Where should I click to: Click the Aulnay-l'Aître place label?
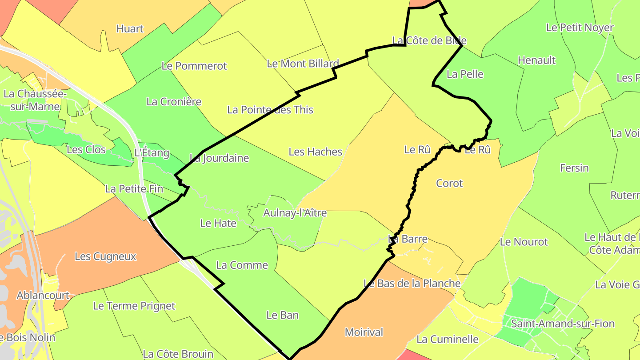pos(295,213)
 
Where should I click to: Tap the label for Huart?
pos(130,29)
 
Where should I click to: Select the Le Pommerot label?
pos(194,66)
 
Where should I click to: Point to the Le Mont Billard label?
pos(303,64)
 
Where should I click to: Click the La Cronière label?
pos(174,102)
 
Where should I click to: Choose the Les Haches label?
pos(315,152)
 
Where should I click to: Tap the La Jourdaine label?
pos(219,158)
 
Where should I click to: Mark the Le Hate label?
pos(218,224)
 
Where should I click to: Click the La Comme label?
pos(242,265)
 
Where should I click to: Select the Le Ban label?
pos(282,316)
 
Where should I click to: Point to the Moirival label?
pos(364,332)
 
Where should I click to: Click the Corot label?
pos(449,184)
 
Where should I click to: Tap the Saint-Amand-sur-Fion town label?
pos(563,324)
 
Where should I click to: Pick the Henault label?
pos(537,60)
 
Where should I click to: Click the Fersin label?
pos(574,168)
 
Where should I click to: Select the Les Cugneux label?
pos(105,256)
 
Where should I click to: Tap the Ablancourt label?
pos(43,296)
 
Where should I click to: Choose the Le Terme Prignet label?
pos(134,306)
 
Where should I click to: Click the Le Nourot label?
pos(524,242)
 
